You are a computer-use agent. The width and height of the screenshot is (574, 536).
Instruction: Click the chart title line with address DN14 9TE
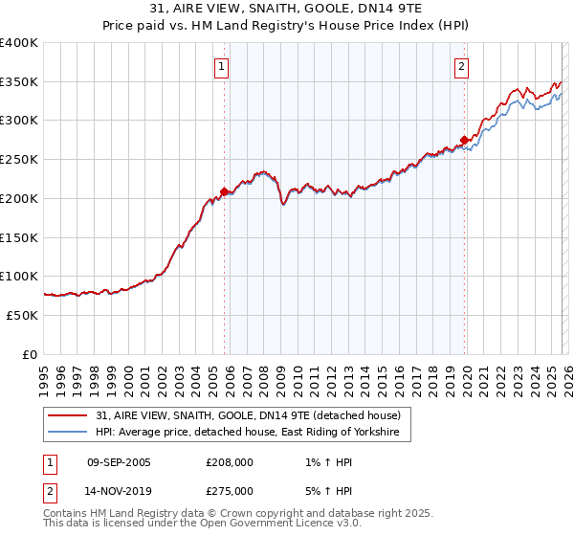[287, 10]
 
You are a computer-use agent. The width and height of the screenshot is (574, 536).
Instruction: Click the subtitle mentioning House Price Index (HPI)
[287, 26]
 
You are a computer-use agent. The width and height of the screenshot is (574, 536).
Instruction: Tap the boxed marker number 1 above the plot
[222, 67]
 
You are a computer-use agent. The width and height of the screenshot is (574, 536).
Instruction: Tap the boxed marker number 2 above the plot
[461, 67]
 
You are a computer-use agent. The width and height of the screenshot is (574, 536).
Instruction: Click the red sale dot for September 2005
[224, 191]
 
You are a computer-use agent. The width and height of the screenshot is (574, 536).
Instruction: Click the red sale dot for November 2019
[464, 140]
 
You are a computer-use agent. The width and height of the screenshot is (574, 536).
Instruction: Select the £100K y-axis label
[19, 277]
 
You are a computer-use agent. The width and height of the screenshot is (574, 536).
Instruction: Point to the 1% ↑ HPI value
[326, 461]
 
